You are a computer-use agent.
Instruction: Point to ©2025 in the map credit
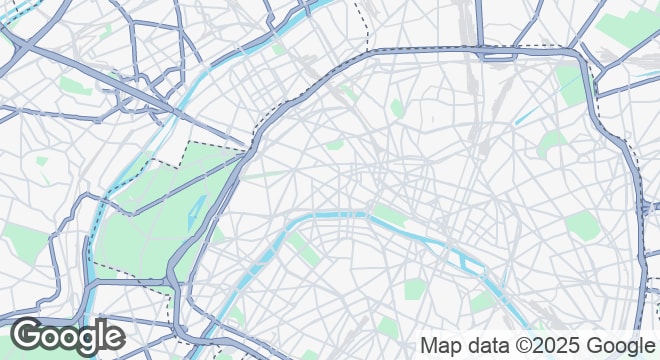[x=554, y=346]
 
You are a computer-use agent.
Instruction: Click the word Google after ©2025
[x=623, y=346]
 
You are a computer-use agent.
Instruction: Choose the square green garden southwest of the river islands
[x=416, y=290]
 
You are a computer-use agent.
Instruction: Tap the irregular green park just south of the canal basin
[x=551, y=145]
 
